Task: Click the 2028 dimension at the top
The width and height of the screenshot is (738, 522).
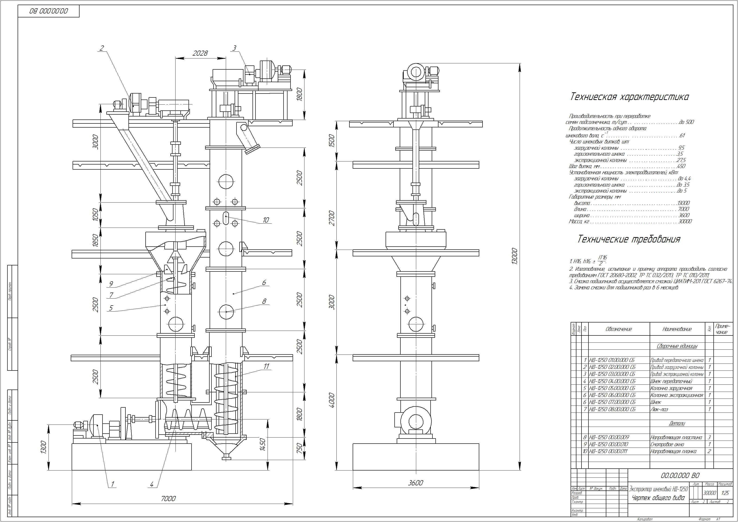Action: [200, 53]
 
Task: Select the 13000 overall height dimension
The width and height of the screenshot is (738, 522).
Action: [515, 256]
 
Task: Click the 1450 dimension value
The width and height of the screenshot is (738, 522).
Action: [263, 444]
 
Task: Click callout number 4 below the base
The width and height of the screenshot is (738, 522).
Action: [152, 484]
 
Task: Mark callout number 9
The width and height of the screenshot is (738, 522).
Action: [111, 284]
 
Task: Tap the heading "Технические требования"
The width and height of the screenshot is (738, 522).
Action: [629, 239]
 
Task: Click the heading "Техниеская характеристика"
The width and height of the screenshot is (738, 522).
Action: [629, 97]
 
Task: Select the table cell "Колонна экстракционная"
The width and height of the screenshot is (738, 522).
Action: [677, 395]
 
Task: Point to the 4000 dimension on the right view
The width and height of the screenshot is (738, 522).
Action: [332, 400]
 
